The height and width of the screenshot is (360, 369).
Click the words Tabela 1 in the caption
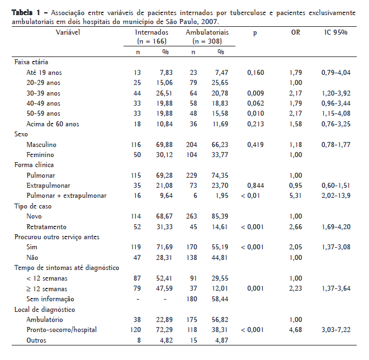pos(27,12)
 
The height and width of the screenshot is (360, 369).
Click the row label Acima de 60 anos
pos(53,124)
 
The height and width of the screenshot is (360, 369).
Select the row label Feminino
pos(41,155)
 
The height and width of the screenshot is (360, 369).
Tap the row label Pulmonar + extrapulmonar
pos(66,196)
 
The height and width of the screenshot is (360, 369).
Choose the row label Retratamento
pos(46,226)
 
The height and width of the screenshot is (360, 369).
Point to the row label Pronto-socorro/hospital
pos(61,329)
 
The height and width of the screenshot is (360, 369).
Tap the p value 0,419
pos(255,144)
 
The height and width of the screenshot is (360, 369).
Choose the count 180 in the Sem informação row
pos(192,299)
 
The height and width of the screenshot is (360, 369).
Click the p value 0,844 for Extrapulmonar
pos(255,186)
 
